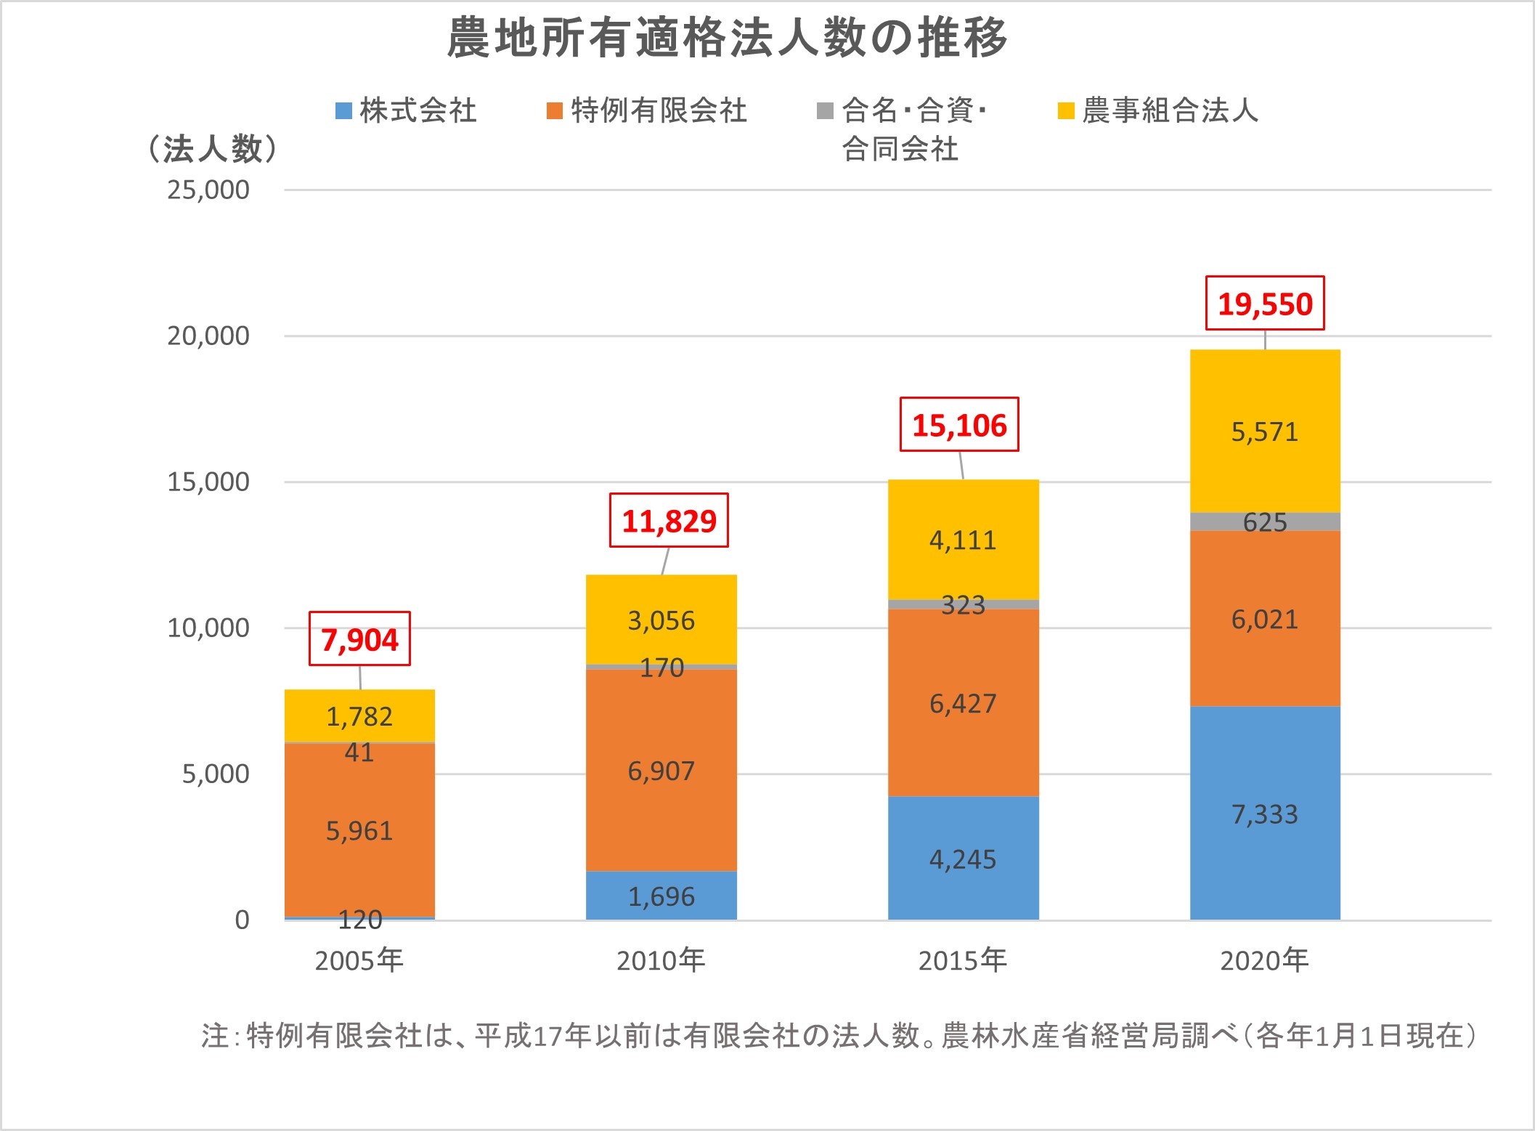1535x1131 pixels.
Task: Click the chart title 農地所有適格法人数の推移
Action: coord(727,38)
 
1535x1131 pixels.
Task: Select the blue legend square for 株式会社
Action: coord(343,111)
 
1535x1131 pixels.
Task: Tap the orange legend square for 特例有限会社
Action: coord(555,111)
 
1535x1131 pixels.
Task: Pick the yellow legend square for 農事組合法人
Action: coord(1066,111)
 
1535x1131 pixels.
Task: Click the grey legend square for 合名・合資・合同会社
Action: coord(825,111)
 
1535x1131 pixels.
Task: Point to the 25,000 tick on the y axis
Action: coord(208,190)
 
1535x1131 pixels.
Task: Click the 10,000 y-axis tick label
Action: coord(208,628)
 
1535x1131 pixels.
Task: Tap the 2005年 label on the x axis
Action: coord(359,961)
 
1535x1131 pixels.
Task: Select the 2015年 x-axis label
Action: coord(963,961)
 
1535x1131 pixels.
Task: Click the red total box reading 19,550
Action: coord(1265,304)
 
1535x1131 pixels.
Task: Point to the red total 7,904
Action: coord(359,639)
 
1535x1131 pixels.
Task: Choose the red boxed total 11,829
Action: coord(669,521)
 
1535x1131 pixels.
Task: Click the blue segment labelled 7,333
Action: coord(1265,814)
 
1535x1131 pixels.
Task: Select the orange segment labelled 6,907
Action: coord(661,771)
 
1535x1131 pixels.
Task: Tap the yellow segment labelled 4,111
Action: coord(963,540)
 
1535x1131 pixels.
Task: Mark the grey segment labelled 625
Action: coord(1265,522)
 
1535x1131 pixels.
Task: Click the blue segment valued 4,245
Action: coord(963,859)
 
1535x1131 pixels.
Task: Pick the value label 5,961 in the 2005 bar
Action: coord(359,830)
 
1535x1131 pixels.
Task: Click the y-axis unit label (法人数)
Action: coord(212,149)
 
